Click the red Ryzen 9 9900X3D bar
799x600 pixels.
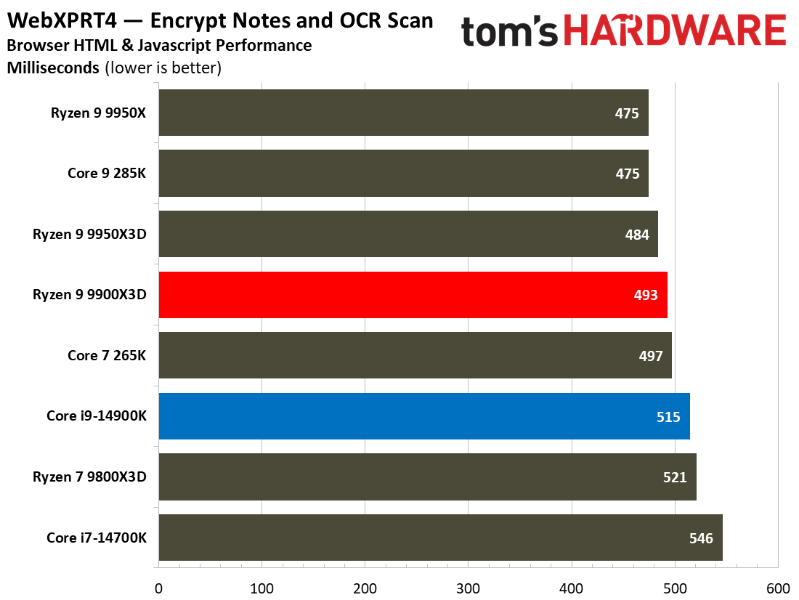413,295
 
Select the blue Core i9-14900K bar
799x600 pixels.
423,416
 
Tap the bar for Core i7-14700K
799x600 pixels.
440,538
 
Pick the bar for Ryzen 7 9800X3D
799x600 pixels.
427,477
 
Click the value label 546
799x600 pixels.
701,538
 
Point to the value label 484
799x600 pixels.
636,235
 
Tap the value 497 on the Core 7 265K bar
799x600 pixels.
650,356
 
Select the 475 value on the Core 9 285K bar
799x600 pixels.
627,174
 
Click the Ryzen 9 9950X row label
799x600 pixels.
99,113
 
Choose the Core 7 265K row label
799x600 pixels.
107,356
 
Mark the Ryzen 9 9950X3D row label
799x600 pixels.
89,235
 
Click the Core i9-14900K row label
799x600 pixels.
97,416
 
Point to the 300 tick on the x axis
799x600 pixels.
469,588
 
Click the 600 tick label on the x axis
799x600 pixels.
778,588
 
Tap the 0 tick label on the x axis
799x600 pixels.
158,588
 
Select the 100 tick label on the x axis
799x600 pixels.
261,588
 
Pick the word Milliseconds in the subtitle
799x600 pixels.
53,69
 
